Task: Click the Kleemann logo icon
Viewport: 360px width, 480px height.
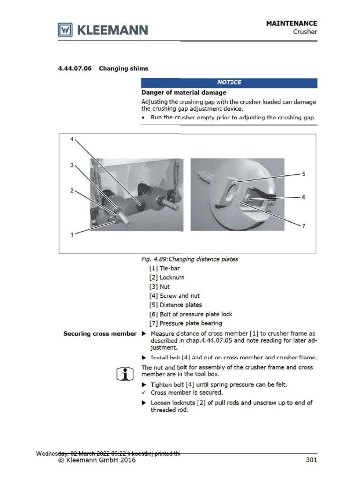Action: [65, 30]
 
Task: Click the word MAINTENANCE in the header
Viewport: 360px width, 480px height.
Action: [292, 23]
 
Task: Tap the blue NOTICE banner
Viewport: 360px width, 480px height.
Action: [229, 82]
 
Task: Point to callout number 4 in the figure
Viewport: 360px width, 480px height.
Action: [72, 139]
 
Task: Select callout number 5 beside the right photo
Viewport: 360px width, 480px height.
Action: [303, 174]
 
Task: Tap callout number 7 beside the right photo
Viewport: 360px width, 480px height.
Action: [303, 226]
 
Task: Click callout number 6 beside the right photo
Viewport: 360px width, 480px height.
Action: [303, 197]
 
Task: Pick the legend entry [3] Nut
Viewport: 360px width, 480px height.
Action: [159, 286]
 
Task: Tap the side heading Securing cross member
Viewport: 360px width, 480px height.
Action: [100, 334]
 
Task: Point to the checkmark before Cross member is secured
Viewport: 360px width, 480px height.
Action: [144, 392]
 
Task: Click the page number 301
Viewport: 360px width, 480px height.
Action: [311, 460]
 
